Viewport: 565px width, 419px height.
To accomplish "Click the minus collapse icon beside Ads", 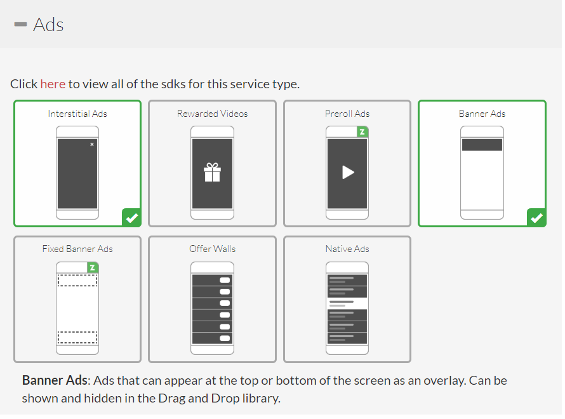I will point(20,25).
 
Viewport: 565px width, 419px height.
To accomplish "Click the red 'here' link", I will point(53,84).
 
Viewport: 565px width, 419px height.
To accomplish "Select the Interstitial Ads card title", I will point(77,114).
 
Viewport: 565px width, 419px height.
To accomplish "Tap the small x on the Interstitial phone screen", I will point(92,145).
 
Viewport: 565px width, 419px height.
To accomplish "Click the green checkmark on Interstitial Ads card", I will point(131,218).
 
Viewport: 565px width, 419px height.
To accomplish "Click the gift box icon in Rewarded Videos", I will point(212,172).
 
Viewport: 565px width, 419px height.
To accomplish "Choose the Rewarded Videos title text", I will point(212,114).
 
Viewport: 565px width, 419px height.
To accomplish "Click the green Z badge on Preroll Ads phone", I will point(362,132).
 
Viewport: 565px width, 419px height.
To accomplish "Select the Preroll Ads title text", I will point(347,114).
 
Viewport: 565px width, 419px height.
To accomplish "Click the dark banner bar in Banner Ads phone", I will point(482,145).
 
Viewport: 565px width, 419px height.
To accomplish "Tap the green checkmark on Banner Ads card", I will point(536,218).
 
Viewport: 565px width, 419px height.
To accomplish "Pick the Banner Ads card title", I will point(482,114).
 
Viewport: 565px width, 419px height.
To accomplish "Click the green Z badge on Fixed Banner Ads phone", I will point(92,267).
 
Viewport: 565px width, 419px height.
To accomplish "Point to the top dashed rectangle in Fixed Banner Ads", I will point(77,280).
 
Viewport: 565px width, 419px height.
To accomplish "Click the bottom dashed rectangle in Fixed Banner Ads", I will point(77,337).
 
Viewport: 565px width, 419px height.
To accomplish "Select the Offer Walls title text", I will point(212,249).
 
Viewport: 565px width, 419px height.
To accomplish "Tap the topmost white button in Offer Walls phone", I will point(225,280).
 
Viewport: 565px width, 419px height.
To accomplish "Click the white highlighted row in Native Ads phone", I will point(347,303).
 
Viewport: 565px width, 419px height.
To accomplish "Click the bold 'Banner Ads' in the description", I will point(54,381).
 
